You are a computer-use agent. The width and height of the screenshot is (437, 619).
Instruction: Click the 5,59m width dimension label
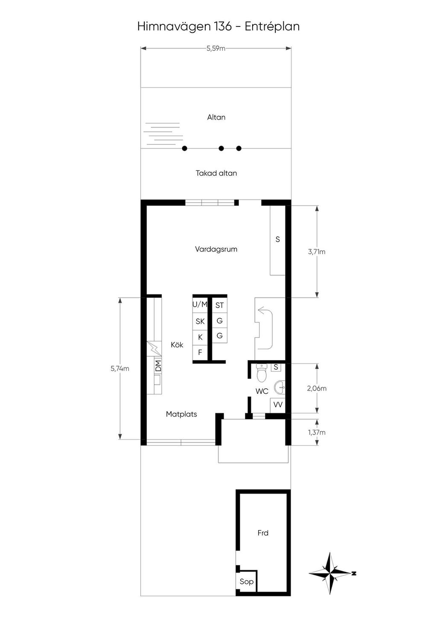[216, 48]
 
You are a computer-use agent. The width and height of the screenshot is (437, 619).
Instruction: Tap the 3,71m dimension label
[317, 252]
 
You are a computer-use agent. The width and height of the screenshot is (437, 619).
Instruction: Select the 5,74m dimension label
[120, 368]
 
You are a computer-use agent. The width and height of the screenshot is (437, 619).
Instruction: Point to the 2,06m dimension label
[317, 388]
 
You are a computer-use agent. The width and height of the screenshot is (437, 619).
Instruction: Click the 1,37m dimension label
[317, 432]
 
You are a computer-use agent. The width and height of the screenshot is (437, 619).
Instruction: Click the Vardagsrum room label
[216, 249]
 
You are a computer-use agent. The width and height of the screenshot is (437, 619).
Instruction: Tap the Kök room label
[177, 345]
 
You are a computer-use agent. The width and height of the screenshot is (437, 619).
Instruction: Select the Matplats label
[181, 414]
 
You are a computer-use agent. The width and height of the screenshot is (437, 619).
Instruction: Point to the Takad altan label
[216, 173]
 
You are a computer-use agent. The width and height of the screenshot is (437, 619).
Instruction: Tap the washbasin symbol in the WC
[280, 387]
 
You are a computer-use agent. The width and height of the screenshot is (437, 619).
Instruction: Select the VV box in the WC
[278, 405]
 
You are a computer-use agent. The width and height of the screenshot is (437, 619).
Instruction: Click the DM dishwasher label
[158, 366]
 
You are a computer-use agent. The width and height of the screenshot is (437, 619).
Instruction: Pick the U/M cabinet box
[200, 305]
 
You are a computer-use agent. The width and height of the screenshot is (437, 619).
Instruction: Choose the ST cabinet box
[219, 305]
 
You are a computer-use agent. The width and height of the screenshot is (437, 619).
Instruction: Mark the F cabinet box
[200, 352]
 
